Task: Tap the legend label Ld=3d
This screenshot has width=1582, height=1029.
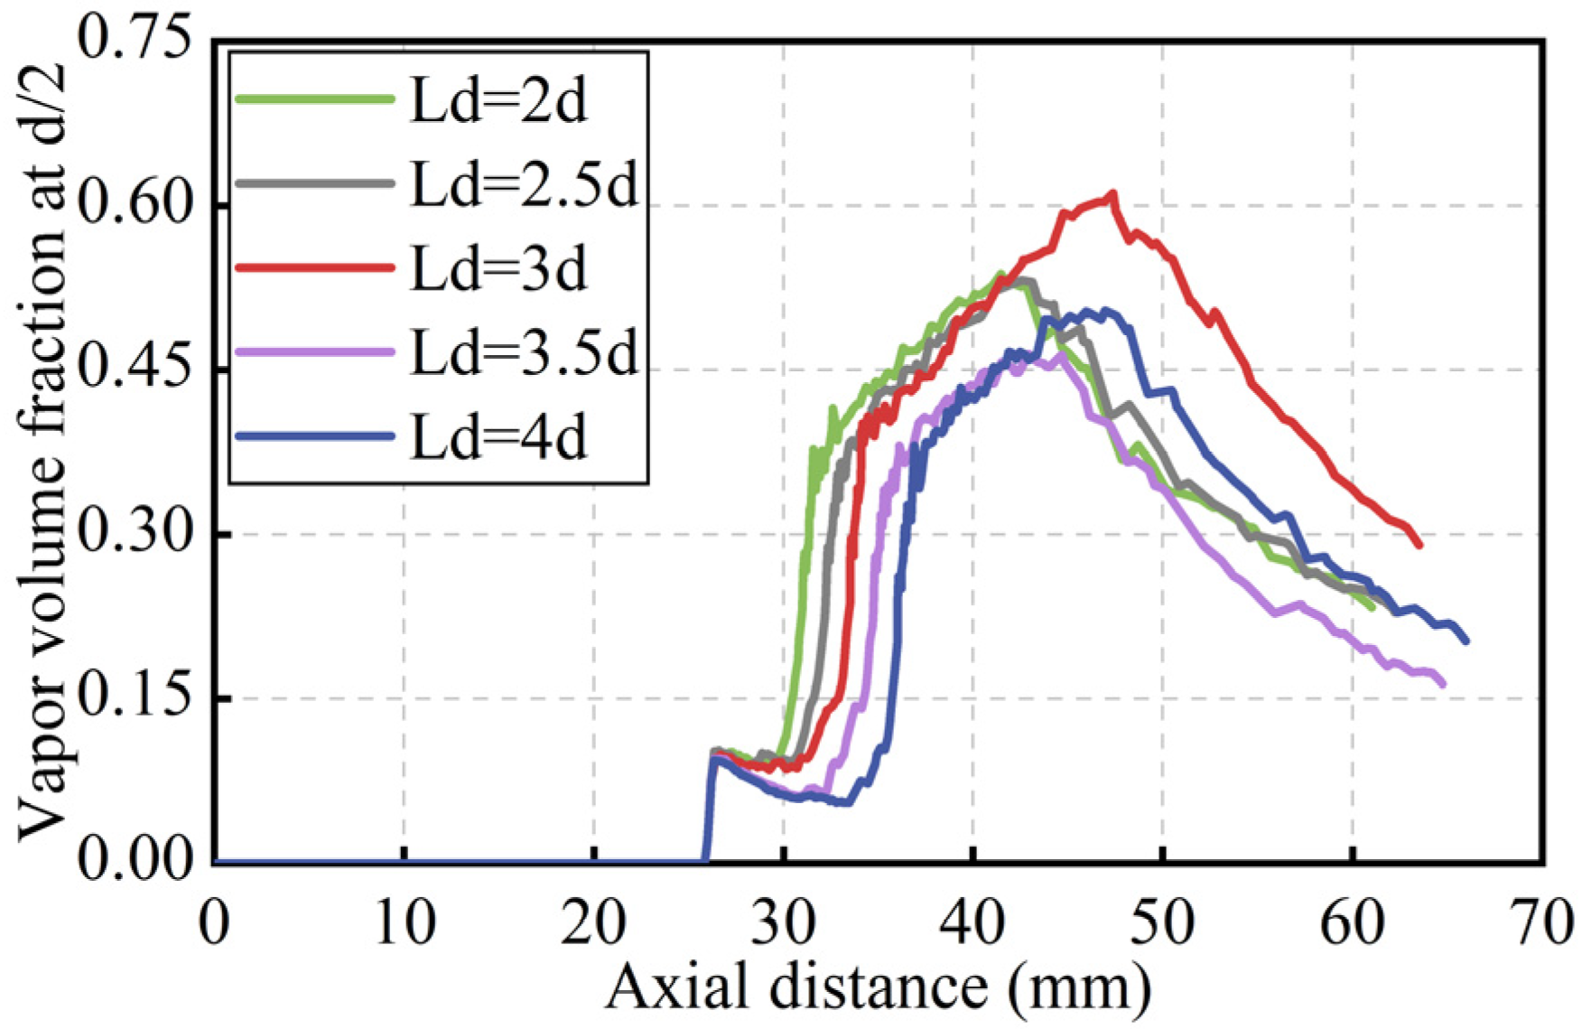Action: coord(498,268)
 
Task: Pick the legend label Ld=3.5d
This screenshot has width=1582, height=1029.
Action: coord(524,352)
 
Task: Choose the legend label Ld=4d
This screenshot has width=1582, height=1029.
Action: coord(498,437)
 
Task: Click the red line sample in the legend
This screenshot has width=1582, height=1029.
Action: coord(314,267)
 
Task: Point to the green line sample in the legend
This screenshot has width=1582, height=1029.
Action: coord(314,98)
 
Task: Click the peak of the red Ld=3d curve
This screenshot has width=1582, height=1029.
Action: coord(1112,193)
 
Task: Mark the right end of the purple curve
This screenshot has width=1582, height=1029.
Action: coord(1443,684)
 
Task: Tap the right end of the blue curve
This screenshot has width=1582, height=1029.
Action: coord(1466,641)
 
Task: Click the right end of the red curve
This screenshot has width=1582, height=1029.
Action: coord(1419,545)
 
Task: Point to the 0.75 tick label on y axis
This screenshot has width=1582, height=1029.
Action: coord(135,42)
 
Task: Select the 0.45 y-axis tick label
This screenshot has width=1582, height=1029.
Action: coord(135,370)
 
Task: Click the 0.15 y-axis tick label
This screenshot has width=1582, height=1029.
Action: coord(135,698)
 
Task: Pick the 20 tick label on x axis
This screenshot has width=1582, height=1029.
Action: coord(593,922)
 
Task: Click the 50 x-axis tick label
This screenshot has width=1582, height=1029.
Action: coord(1162,922)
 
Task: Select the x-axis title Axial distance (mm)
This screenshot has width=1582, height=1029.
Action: coord(878,987)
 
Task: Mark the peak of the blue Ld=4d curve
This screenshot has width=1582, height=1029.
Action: coord(1103,311)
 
